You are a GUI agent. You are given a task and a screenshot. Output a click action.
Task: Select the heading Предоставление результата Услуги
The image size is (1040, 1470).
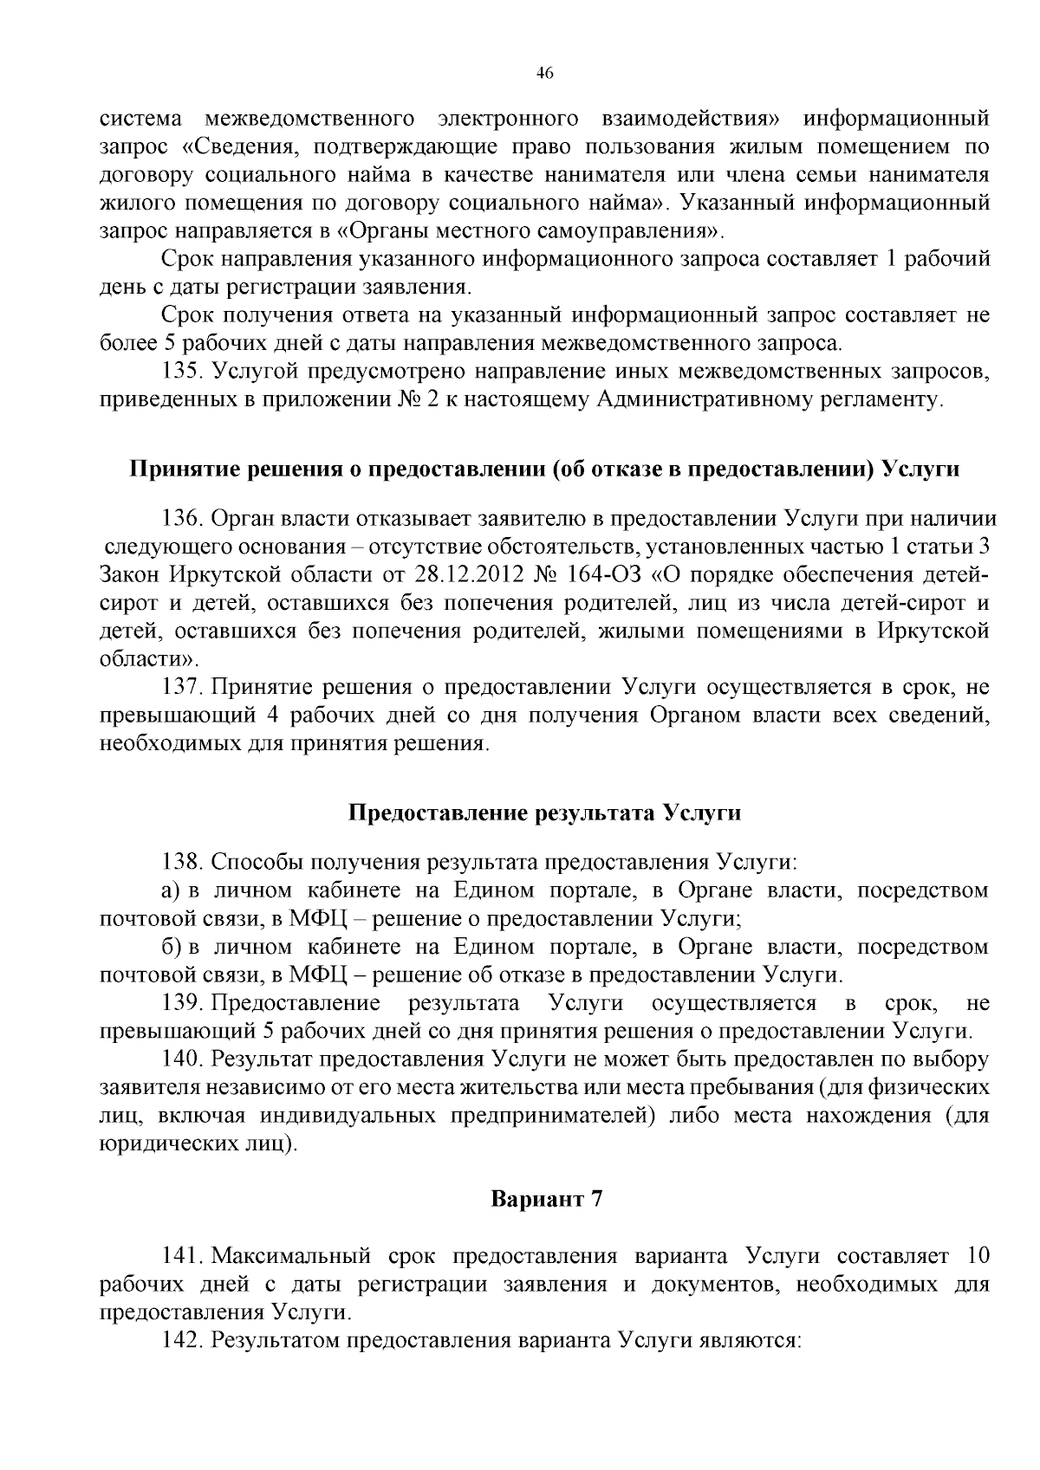coord(545,813)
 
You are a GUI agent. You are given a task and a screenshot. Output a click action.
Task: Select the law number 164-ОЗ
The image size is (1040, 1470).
coord(603,575)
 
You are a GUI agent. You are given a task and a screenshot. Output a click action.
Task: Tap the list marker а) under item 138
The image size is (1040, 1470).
coord(171,890)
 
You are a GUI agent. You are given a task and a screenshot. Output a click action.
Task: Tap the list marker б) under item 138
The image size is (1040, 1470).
coord(171,947)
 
